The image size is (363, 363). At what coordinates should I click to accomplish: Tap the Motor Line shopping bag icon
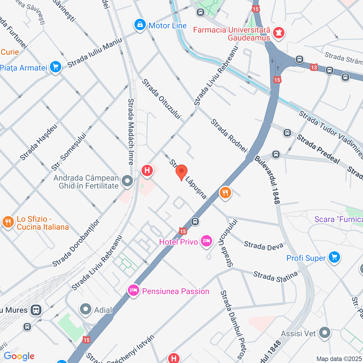pyautogui.click(x=140, y=25)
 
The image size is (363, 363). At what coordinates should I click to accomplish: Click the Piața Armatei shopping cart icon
pyautogui.click(x=55, y=67)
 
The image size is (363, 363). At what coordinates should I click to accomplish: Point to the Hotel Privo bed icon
pyautogui.click(x=206, y=241)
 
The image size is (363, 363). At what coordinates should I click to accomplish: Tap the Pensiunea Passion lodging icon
pyautogui.click(x=133, y=290)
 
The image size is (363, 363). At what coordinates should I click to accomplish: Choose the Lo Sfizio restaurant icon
pyautogui.click(x=8, y=222)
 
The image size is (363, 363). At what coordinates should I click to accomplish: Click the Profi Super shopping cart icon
pyautogui.click(x=334, y=258)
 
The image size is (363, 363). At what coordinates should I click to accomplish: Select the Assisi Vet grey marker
pyautogui.click(x=324, y=333)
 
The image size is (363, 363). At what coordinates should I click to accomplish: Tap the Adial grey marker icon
pyautogui.click(x=85, y=309)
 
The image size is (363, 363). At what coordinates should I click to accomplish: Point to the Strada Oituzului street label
pyautogui.click(x=161, y=99)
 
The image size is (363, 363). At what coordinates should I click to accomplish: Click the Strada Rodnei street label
pyautogui.click(x=229, y=136)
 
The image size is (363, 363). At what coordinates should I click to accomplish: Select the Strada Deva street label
pyautogui.click(x=263, y=246)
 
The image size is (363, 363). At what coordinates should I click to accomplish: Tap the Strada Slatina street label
pyautogui.click(x=275, y=276)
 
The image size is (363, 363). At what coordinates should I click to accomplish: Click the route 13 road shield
pyautogui.click(x=314, y=67)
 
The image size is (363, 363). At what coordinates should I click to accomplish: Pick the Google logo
pyautogui.click(x=19, y=356)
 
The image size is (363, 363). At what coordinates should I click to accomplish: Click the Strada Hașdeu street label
pyautogui.click(x=39, y=142)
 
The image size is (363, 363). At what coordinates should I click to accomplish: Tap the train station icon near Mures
pyautogui.click(x=36, y=310)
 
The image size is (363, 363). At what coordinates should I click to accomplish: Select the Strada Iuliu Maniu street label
pyautogui.click(x=95, y=53)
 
